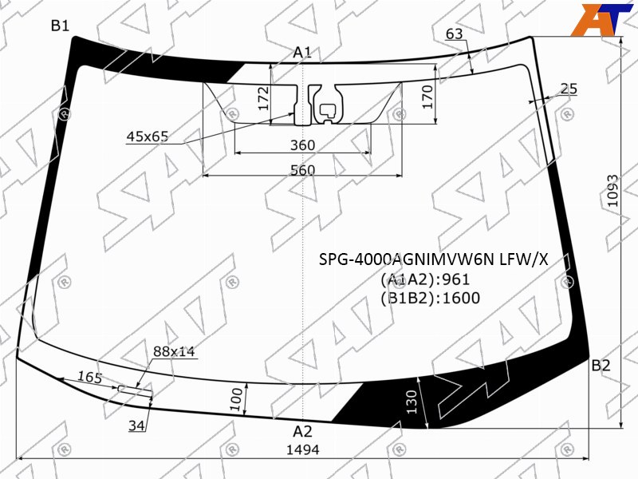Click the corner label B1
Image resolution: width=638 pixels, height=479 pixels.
(x=60, y=26)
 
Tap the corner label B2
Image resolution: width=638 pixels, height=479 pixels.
(x=601, y=366)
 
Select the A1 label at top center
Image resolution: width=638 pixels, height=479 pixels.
(x=302, y=53)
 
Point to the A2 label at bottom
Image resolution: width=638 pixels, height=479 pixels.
(x=302, y=431)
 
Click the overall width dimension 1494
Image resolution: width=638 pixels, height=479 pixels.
(x=303, y=449)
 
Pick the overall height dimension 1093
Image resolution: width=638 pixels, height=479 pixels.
(x=612, y=191)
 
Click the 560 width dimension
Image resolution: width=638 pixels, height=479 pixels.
(x=303, y=170)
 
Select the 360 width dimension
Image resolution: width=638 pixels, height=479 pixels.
(x=303, y=145)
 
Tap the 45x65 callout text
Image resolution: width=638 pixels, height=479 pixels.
(x=148, y=137)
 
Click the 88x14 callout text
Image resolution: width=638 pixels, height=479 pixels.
(x=174, y=351)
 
